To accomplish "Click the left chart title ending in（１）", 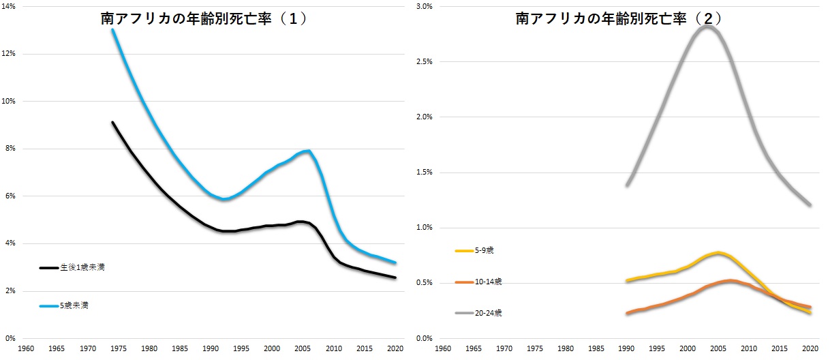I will (203, 19).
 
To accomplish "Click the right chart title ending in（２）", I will (619, 19).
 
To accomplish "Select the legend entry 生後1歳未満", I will (81, 268).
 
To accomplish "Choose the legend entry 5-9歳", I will (485, 251).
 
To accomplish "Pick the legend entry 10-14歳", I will (489, 282).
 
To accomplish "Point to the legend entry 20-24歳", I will (489, 313).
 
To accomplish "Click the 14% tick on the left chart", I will (11, 7).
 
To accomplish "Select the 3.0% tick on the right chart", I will (424, 7).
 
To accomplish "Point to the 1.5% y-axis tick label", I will (424, 172).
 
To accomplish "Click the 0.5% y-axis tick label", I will (424, 283).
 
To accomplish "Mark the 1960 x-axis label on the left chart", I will (27, 348).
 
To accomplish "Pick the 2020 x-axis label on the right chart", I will (811, 348).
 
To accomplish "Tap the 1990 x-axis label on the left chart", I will (211, 348).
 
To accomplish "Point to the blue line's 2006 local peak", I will (309, 151).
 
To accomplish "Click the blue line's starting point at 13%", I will (112, 30).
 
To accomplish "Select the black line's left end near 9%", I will (112, 123).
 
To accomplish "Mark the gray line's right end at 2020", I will (811, 205).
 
